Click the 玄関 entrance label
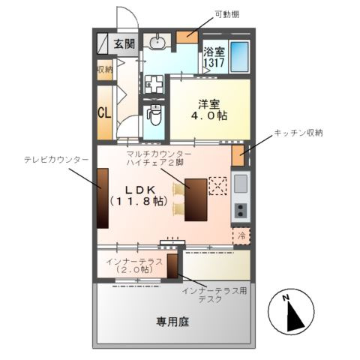coord(124,44)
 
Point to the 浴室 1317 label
coord(214,58)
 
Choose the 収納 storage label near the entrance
coord(104,70)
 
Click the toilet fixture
coord(155,114)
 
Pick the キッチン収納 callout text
coord(298,133)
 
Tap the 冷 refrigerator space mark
coord(241,235)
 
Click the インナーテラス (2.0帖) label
coord(132,265)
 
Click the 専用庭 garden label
coord(172,322)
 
